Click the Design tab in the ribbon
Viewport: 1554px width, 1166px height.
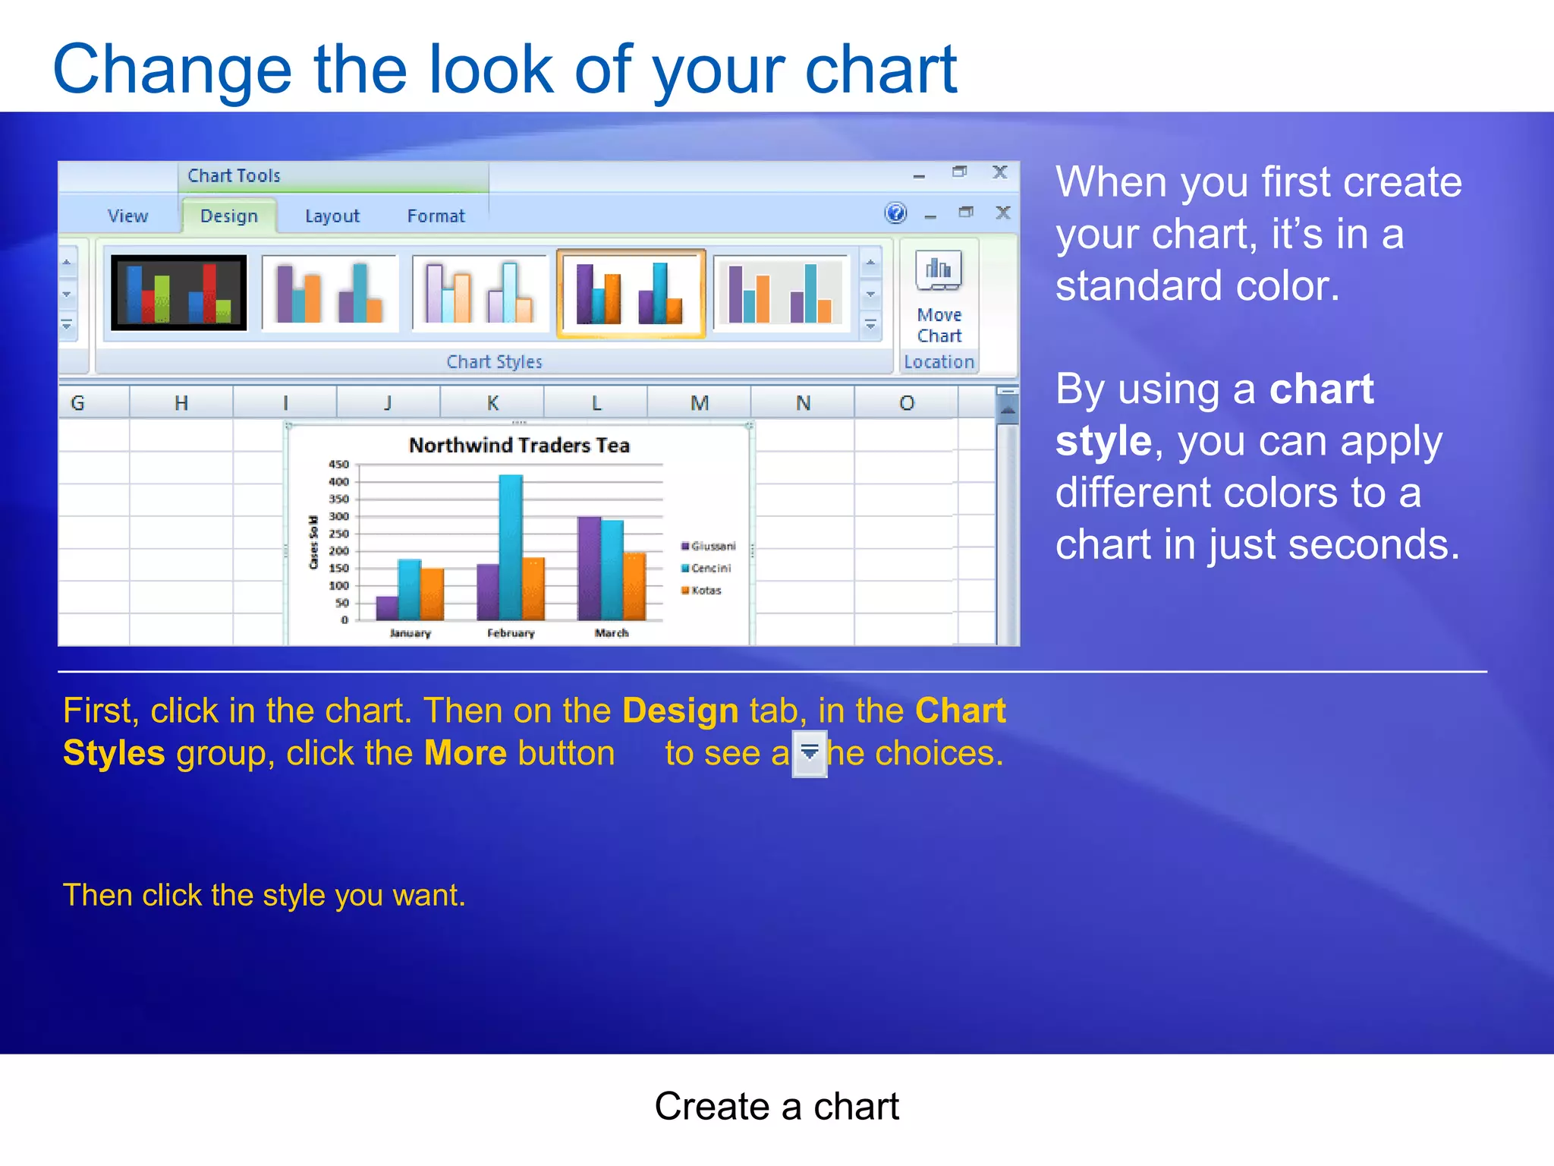[228, 216]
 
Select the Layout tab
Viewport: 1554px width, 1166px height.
[332, 216]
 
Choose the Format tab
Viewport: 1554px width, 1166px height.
[436, 216]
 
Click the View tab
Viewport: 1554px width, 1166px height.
[127, 216]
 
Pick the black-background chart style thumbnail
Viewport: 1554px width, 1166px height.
[179, 293]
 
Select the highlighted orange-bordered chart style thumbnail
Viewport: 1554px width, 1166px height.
[631, 293]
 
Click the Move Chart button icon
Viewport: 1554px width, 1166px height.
[939, 271]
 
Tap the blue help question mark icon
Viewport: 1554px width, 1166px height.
[895, 213]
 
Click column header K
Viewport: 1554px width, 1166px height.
[492, 403]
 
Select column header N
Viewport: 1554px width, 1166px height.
[803, 403]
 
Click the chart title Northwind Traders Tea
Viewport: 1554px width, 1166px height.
[519, 446]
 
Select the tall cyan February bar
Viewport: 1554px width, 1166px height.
[511, 547]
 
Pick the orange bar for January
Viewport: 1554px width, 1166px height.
[432, 594]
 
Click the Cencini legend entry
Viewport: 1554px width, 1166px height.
[709, 569]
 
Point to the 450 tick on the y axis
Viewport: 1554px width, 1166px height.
[338, 465]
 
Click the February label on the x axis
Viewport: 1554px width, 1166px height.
[511, 633]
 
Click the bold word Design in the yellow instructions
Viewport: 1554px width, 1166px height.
[680, 711]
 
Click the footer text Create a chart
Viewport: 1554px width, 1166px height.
[776, 1106]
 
